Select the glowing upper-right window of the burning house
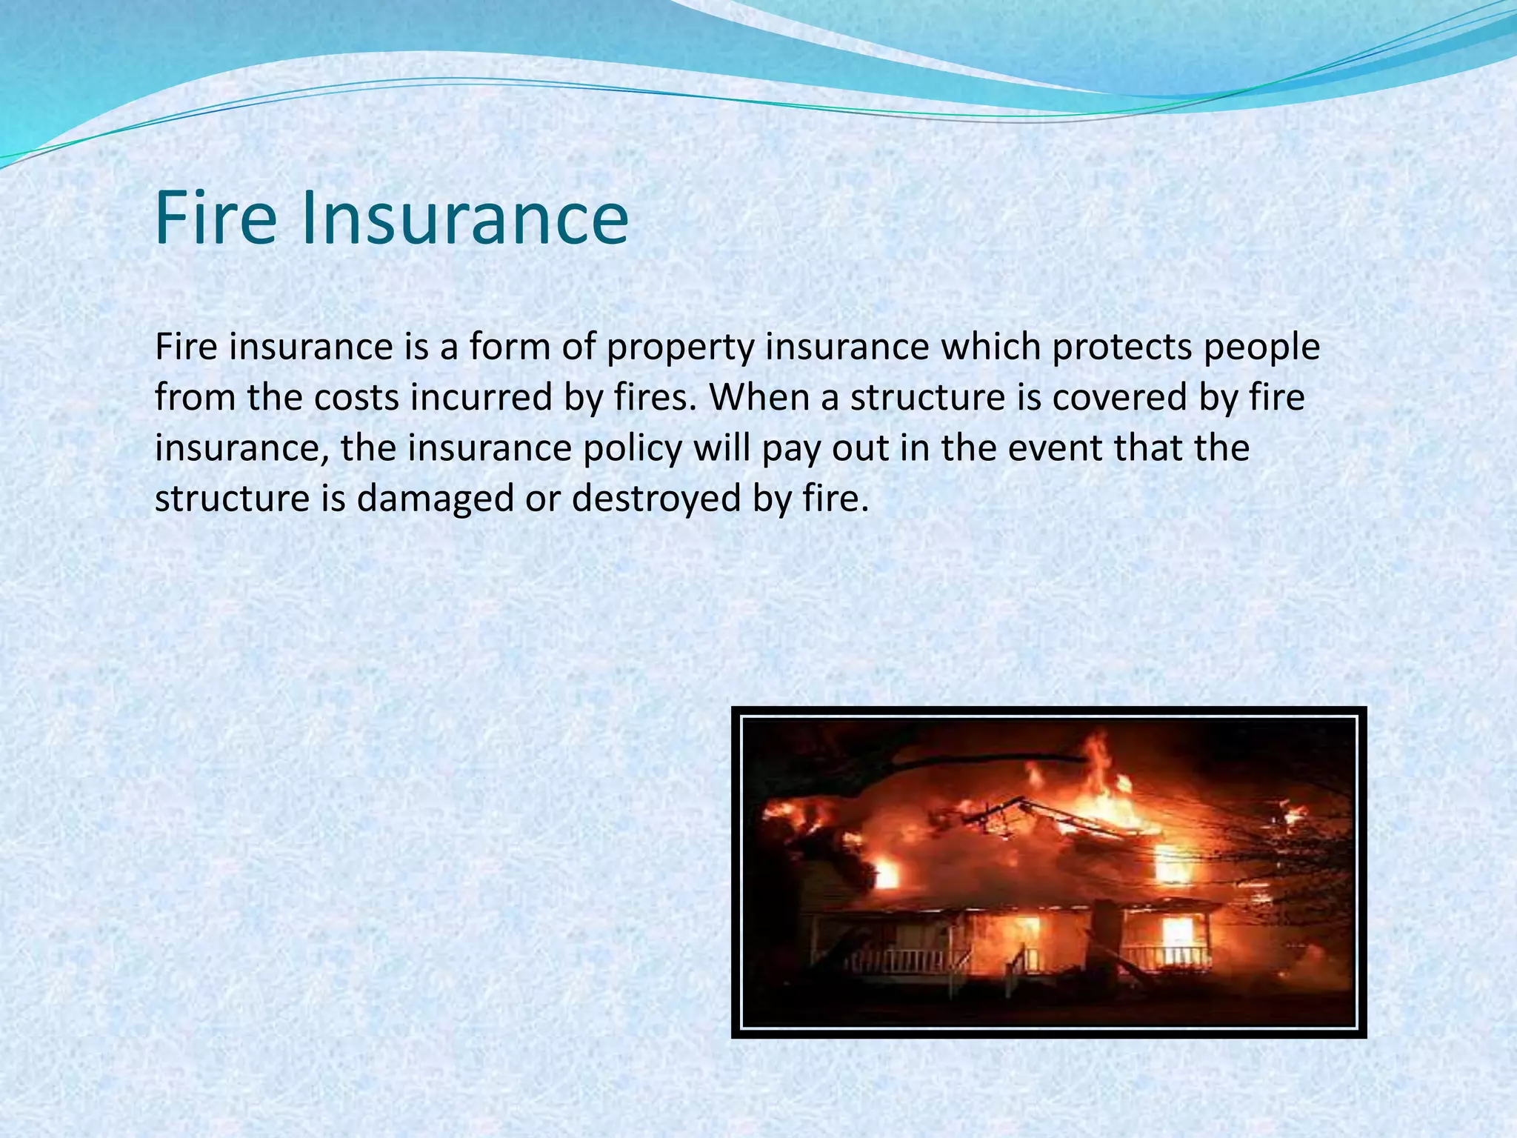pos(1171,864)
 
